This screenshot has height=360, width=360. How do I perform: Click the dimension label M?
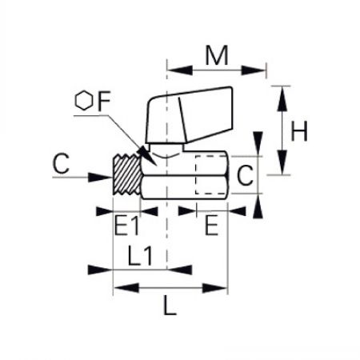click(217, 55)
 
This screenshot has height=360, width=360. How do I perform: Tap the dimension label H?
click(299, 131)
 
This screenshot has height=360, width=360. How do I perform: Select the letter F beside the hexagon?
click(104, 101)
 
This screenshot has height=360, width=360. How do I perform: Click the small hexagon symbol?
click(84, 100)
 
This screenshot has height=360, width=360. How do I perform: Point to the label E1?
click(126, 226)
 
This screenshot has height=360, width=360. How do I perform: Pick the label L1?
click(140, 256)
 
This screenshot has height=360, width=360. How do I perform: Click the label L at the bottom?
click(170, 306)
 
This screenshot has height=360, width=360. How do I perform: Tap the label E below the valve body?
click(211, 226)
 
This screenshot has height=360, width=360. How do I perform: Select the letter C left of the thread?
click(61, 163)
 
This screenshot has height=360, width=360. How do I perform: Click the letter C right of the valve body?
click(245, 175)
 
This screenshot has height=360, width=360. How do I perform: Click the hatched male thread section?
click(127, 175)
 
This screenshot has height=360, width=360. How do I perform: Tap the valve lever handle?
click(190, 114)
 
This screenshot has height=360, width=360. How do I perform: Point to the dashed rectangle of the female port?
click(195, 175)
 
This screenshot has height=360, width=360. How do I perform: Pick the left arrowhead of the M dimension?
click(180, 70)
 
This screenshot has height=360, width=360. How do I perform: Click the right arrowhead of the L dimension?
click(215, 288)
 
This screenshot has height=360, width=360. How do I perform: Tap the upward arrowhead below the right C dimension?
click(258, 206)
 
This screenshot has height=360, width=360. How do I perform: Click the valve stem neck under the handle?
click(166, 148)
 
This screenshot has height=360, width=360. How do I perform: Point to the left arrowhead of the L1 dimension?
click(100, 270)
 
